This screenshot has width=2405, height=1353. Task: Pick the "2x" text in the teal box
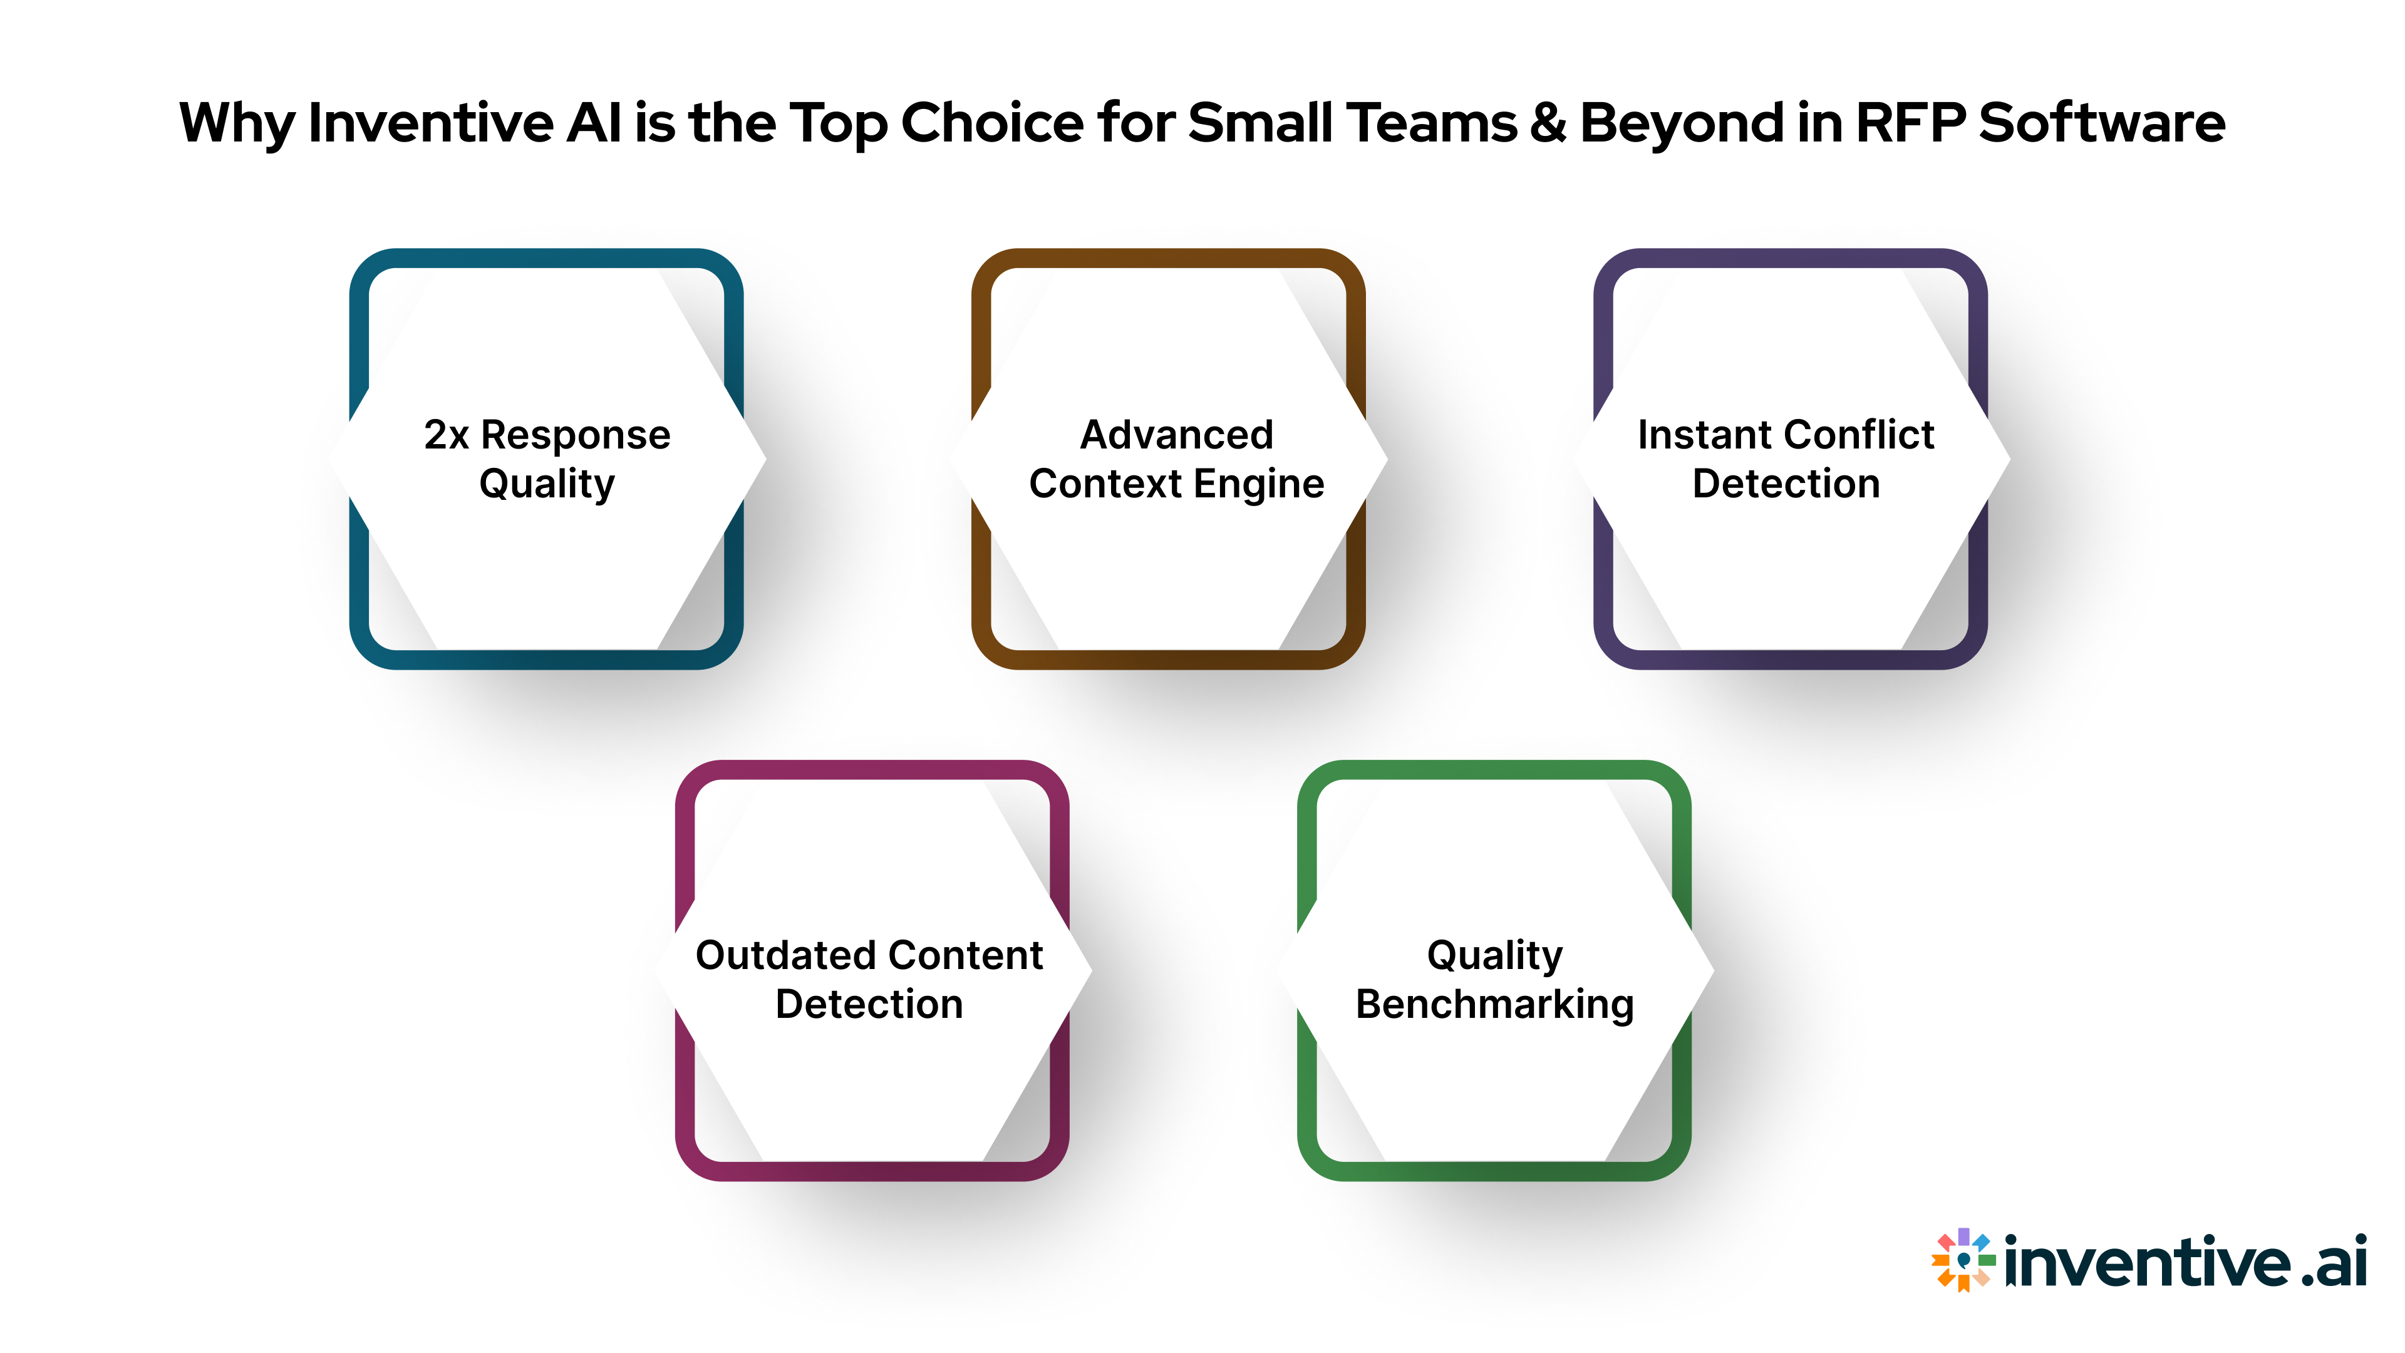(445, 435)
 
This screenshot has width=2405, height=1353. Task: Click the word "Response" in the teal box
(575, 435)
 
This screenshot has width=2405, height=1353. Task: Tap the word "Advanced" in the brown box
(1176, 435)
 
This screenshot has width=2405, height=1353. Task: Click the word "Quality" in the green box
(1495, 956)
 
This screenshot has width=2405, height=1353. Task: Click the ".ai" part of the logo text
(2333, 1262)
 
